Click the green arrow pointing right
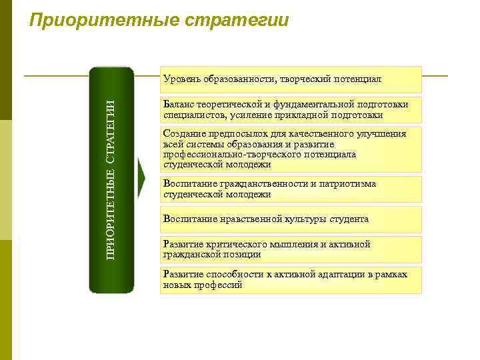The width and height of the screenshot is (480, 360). [141, 179]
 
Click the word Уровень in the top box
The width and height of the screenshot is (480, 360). [183, 79]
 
